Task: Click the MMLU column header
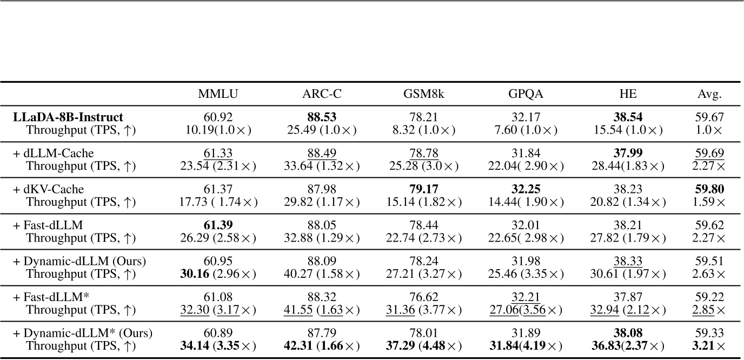click(218, 94)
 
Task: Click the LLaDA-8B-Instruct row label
click(68, 117)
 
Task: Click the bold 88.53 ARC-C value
click(321, 117)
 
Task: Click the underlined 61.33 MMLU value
click(218, 154)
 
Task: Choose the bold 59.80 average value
click(710, 190)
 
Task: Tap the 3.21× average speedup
click(710, 346)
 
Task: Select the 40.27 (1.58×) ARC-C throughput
click(321, 274)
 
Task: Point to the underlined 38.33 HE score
click(627, 262)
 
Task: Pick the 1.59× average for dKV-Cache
click(710, 202)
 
